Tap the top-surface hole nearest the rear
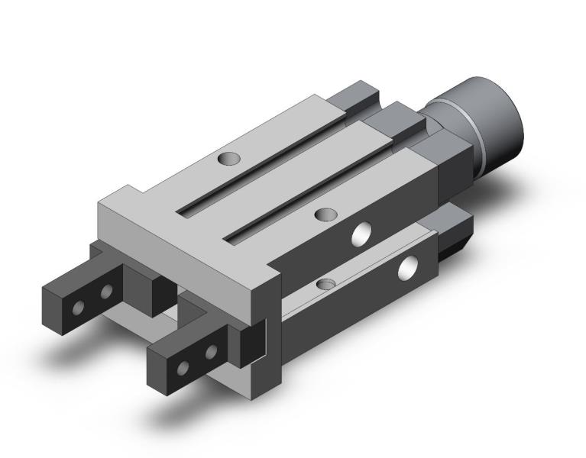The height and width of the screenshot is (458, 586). (x=228, y=160)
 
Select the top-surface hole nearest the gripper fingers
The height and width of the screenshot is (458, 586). (x=326, y=215)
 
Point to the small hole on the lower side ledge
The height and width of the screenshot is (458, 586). (x=325, y=284)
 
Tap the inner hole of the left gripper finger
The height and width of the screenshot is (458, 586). (x=105, y=291)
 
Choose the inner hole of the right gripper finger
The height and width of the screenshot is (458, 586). (x=210, y=352)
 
